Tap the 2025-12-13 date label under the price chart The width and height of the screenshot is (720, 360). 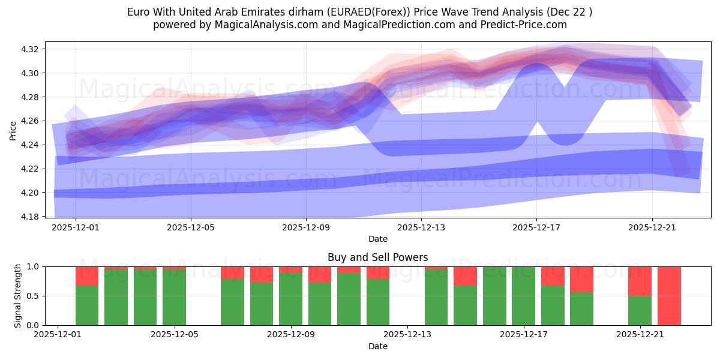(x=421, y=227)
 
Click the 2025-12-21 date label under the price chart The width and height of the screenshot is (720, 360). (x=652, y=227)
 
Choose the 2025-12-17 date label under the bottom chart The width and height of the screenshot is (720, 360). (x=524, y=335)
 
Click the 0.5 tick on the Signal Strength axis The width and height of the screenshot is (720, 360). (x=35, y=296)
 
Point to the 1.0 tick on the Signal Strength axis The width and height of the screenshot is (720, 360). (x=35, y=266)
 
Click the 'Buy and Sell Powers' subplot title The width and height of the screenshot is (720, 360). (x=377, y=257)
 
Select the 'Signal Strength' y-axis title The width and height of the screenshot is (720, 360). (x=18, y=296)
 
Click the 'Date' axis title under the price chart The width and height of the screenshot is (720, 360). (x=377, y=239)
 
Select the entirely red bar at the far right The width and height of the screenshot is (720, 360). (x=669, y=296)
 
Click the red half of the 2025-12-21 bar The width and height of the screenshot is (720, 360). (x=640, y=281)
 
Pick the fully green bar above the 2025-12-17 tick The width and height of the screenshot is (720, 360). (x=523, y=296)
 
